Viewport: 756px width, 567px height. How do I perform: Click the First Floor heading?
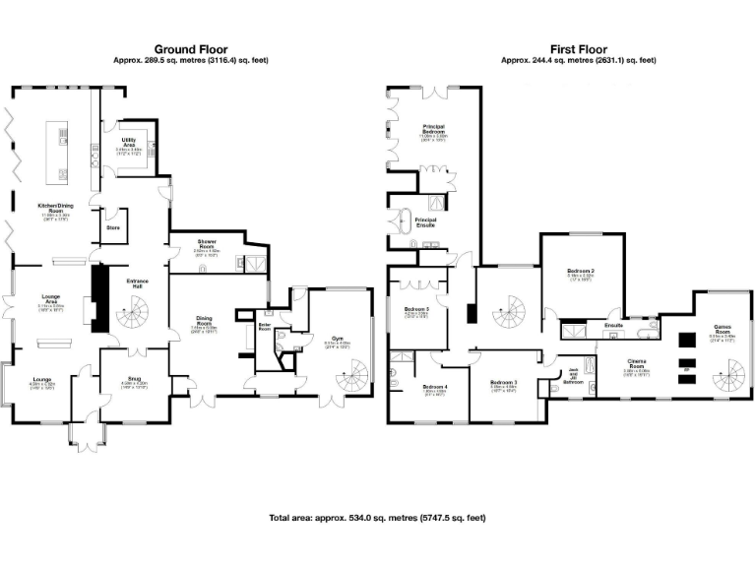pyautogui.click(x=578, y=48)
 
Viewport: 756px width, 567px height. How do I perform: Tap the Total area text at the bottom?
pyautogui.click(x=377, y=518)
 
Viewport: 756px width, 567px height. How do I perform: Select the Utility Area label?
pyautogui.click(x=128, y=142)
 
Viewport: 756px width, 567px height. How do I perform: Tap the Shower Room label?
pyautogui.click(x=206, y=242)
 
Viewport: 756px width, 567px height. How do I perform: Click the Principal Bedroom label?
pyautogui.click(x=434, y=129)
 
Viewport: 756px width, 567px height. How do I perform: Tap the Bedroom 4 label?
pyautogui.click(x=434, y=387)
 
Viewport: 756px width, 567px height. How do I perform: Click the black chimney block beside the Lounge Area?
pyautogui.click(x=98, y=295)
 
